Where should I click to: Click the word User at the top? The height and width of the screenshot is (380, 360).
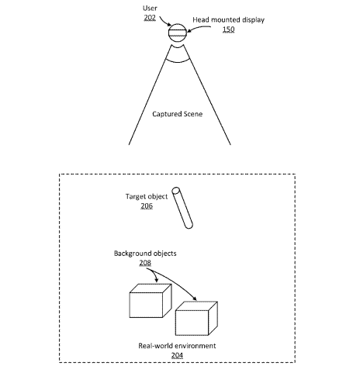150,9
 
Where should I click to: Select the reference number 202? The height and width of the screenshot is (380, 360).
150,18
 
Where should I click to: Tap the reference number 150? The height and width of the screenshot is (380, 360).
228,29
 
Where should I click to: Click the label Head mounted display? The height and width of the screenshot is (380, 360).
228,20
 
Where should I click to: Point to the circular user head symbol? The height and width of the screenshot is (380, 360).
178,33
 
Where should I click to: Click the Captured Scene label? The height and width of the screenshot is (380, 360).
177,114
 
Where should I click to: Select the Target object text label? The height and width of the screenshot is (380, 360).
147,197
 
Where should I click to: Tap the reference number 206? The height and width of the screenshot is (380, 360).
147,206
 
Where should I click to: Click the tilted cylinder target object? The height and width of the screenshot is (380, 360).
182,208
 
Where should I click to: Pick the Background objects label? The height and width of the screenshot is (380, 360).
145,254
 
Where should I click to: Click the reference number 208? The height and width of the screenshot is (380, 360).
145,263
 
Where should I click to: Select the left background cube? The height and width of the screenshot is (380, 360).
151,301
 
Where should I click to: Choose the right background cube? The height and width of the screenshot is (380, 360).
196,319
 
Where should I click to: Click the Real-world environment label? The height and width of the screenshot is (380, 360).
177,346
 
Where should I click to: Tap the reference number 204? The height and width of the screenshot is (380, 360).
177,355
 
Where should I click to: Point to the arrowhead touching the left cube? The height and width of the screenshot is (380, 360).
156,280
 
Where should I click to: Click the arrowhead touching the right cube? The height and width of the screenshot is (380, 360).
195,299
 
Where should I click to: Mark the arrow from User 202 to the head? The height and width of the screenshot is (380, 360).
164,22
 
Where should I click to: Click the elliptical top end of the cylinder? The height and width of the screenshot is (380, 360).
176,191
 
